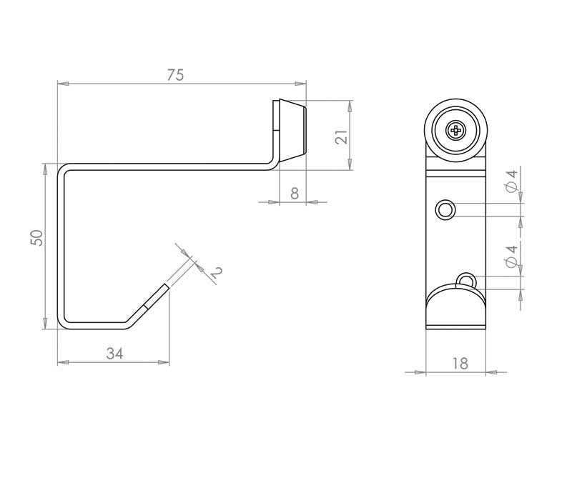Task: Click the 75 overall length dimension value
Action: pyautogui.click(x=176, y=75)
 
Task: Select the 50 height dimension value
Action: pyautogui.click(x=37, y=237)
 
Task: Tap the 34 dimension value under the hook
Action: pyautogui.click(x=114, y=353)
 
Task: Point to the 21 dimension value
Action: pyautogui.click(x=342, y=135)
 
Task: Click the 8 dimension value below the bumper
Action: pyautogui.click(x=295, y=193)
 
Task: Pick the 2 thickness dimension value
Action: pyautogui.click(x=215, y=272)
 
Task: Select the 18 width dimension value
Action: pyautogui.click(x=460, y=363)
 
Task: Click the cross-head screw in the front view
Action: pyautogui.click(x=456, y=130)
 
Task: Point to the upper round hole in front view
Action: pyautogui.click(x=445, y=209)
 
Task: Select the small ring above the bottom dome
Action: pyautogui.click(x=465, y=279)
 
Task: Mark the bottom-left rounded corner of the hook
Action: pyautogui.click(x=64, y=322)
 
